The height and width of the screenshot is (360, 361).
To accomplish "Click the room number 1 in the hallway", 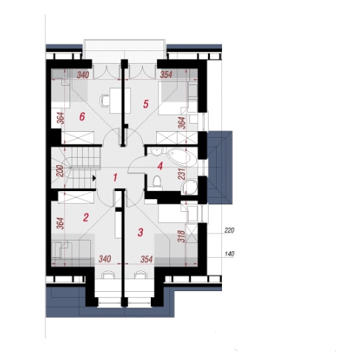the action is click(115, 178).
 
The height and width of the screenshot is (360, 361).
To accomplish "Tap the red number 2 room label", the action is click(86, 218).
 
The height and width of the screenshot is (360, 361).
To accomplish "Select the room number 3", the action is click(141, 232).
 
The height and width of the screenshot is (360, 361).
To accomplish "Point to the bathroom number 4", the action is click(161, 166).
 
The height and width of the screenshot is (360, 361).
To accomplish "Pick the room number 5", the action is click(146, 104).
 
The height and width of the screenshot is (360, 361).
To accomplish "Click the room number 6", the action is click(82, 116).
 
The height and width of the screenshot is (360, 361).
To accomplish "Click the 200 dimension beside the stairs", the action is click(60, 171).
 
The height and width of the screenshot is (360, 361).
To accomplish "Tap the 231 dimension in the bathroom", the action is click(181, 174).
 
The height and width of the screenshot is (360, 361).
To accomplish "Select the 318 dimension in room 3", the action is click(181, 236).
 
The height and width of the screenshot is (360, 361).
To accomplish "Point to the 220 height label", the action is click(229, 230).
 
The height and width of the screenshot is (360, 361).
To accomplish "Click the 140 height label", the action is click(229, 253).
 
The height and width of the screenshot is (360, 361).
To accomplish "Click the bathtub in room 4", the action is click(182, 158).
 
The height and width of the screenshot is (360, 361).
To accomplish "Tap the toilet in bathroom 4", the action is click(157, 181).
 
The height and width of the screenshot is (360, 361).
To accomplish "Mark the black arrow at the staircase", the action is click(94, 178).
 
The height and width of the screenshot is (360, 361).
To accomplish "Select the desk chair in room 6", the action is click(104, 101).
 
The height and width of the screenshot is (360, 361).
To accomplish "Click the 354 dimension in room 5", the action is click(166, 74).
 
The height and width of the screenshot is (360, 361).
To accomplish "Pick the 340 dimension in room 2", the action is click(105, 259).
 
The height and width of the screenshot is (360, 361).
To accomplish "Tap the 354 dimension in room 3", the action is click(146, 259).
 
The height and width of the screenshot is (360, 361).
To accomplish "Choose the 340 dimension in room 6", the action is click(83, 75).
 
